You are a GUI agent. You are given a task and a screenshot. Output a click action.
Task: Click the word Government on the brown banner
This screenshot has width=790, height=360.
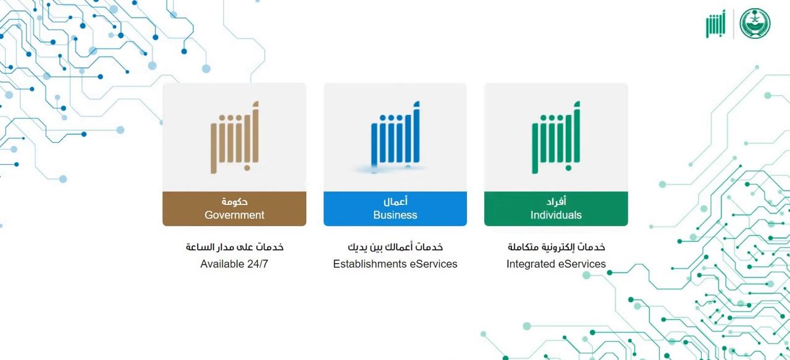point(234,215)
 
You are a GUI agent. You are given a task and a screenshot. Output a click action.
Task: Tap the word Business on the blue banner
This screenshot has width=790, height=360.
point(395,215)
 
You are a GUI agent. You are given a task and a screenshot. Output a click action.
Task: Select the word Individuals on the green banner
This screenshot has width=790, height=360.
point(556,215)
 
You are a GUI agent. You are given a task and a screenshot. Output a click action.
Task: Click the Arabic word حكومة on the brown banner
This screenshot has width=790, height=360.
point(234,202)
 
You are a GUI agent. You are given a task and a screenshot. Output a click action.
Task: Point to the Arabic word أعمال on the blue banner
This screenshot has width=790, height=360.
point(395,201)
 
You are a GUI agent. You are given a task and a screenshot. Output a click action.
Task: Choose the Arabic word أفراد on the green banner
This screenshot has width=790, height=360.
point(556,201)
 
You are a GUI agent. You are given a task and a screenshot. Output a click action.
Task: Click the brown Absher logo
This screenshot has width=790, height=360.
point(235,138)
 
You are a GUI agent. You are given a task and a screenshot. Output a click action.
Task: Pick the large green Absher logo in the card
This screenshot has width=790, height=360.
point(556,138)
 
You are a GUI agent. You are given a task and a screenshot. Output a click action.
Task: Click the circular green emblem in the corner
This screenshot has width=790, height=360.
point(755,23)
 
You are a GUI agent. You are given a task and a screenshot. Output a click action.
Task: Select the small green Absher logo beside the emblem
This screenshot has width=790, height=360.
point(716,23)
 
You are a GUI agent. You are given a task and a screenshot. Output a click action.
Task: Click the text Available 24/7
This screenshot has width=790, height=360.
point(234,264)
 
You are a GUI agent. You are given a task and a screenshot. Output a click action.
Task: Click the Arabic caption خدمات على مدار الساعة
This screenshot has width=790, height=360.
point(235,247)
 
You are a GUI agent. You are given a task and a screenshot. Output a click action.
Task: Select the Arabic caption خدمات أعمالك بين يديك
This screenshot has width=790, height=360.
point(395,247)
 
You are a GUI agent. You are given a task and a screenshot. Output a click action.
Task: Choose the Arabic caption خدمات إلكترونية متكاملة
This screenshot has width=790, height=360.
point(556,247)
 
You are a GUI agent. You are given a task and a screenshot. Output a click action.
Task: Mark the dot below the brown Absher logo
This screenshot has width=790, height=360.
point(247,168)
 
